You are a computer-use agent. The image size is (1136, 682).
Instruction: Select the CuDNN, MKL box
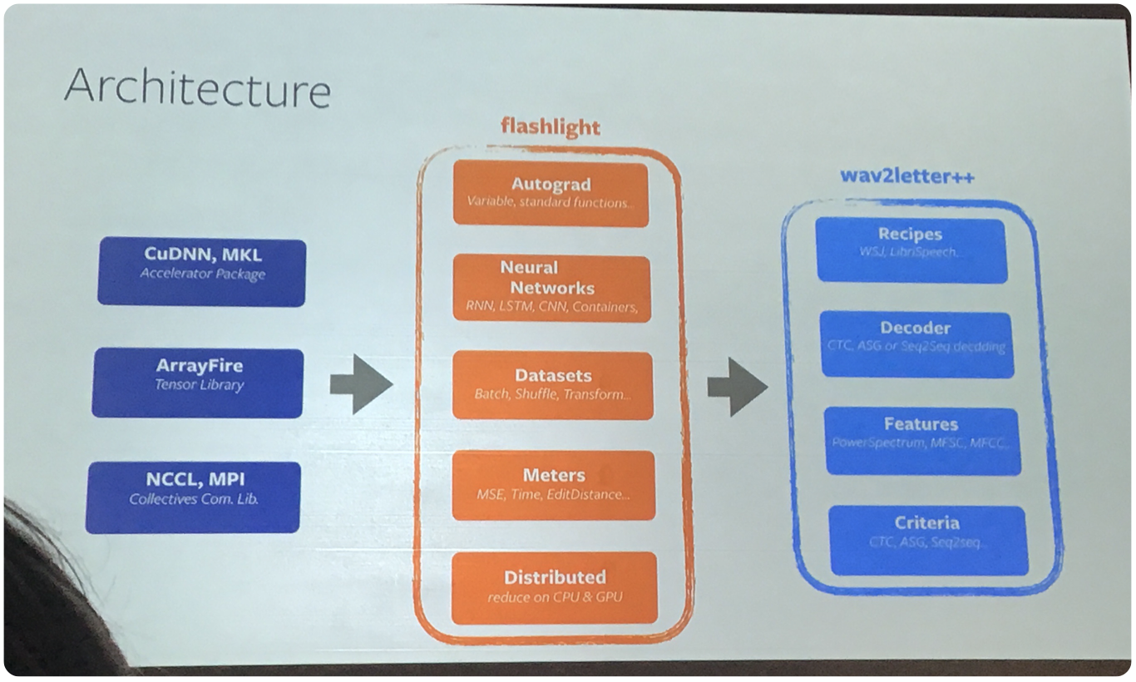pyautogui.click(x=201, y=272)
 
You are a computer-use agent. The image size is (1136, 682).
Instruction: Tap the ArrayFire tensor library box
pyautogui.click(x=198, y=383)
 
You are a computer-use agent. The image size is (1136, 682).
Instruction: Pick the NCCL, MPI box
pyautogui.click(x=193, y=497)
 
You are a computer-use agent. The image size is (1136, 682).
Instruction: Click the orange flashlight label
pyautogui.click(x=550, y=126)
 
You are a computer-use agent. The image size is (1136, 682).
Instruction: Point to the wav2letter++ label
pyautogui.click(x=906, y=177)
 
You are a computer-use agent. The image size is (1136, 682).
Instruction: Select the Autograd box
pyautogui.click(x=550, y=193)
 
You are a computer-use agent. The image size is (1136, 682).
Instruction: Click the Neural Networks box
pyautogui.click(x=551, y=288)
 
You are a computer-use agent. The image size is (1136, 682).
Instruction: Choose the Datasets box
pyautogui.click(x=552, y=384)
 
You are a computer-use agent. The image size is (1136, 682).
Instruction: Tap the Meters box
pyautogui.click(x=553, y=484)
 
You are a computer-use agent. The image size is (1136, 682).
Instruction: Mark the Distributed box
pyautogui.click(x=554, y=586)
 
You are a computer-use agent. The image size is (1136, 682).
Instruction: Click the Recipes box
pyautogui.click(x=911, y=250)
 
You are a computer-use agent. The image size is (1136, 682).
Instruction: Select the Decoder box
pyautogui.click(x=916, y=344)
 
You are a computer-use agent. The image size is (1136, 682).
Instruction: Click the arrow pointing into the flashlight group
pyautogui.click(x=360, y=383)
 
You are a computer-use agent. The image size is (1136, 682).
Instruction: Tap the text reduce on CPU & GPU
pyautogui.click(x=555, y=596)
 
